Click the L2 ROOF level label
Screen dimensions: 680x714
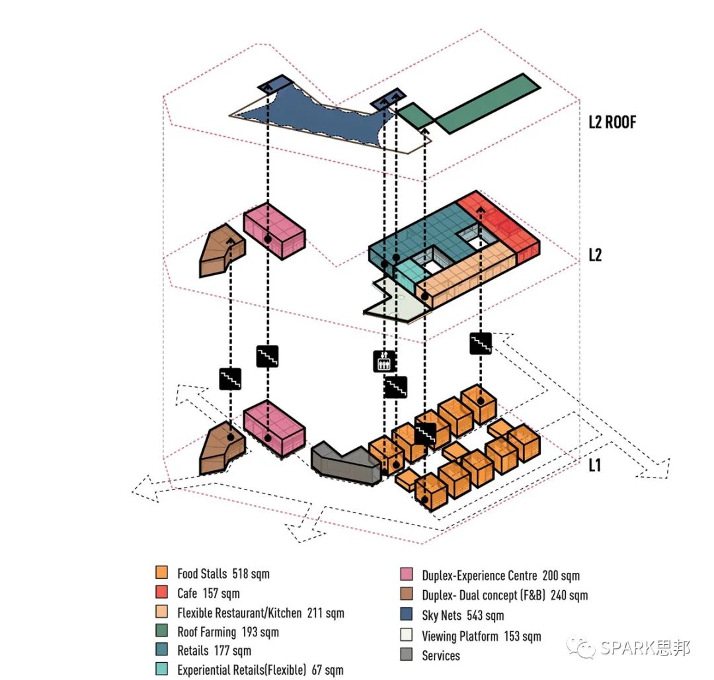tap(612, 122)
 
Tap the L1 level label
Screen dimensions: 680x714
tap(595, 465)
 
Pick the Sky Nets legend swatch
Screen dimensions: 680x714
tap(407, 615)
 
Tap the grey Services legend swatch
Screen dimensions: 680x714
tap(407, 656)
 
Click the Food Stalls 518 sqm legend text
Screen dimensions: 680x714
tap(223, 574)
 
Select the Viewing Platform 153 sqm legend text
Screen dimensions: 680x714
tap(481, 636)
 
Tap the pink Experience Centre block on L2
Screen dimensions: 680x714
tap(274, 232)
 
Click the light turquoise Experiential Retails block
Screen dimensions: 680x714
tap(411, 271)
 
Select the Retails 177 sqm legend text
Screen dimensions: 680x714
tap(214, 651)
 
